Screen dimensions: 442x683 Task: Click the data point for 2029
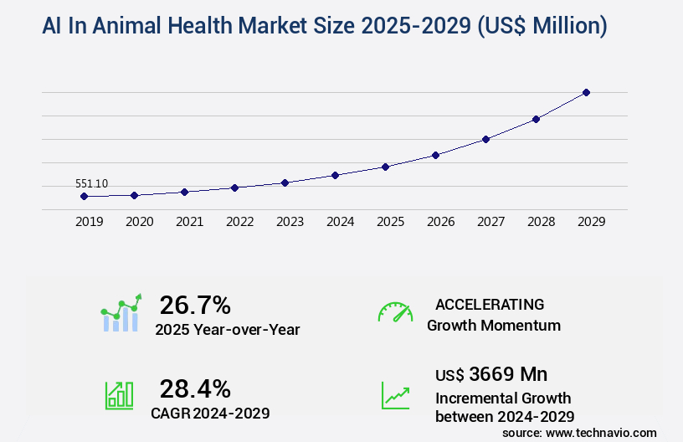click(x=586, y=92)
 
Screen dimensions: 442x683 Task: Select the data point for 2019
click(x=84, y=196)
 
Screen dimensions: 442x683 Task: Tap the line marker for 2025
click(x=385, y=167)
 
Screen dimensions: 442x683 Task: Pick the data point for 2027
click(x=485, y=139)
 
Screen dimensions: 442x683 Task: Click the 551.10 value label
click(x=91, y=183)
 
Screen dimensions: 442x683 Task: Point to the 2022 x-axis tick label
click(x=240, y=222)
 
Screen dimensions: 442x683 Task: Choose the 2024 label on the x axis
click(x=341, y=222)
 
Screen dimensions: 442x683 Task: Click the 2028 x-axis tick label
click(x=542, y=222)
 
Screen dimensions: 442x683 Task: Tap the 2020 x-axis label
click(x=140, y=222)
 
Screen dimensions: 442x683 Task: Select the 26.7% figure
click(x=195, y=305)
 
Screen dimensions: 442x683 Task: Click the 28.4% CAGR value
click(x=195, y=388)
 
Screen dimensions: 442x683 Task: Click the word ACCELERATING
click(x=490, y=304)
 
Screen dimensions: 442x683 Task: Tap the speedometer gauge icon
click(x=395, y=312)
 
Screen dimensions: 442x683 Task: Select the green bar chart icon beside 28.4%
click(x=119, y=395)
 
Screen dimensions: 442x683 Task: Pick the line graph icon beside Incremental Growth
click(x=395, y=395)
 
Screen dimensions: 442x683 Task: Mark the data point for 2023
click(x=285, y=182)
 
